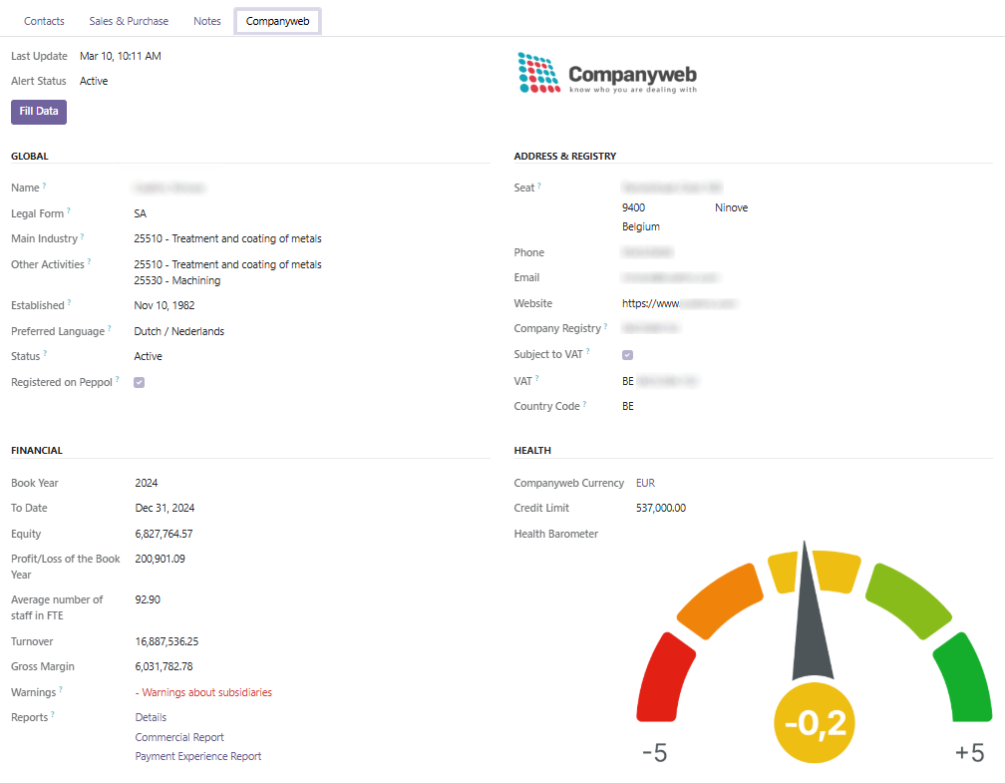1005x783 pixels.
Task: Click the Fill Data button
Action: coord(39,112)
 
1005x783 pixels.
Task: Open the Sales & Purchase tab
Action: coord(129,21)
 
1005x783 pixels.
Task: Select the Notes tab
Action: coord(207,21)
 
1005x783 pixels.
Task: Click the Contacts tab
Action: coord(44,21)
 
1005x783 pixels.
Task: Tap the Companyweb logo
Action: coord(607,74)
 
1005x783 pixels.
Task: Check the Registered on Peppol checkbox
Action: coord(140,382)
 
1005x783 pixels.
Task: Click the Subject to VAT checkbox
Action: coord(627,354)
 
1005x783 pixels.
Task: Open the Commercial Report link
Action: coord(179,737)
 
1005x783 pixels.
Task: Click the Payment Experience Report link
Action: coord(198,756)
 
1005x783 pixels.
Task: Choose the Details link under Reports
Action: coord(151,717)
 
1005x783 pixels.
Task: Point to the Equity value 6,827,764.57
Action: coord(164,534)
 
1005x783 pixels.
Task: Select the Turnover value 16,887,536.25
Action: coord(167,641)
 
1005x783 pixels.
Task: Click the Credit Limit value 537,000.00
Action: coord(660,508)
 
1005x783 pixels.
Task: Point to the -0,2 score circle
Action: coord(815,721)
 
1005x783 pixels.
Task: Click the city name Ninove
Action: coord(731,207)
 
